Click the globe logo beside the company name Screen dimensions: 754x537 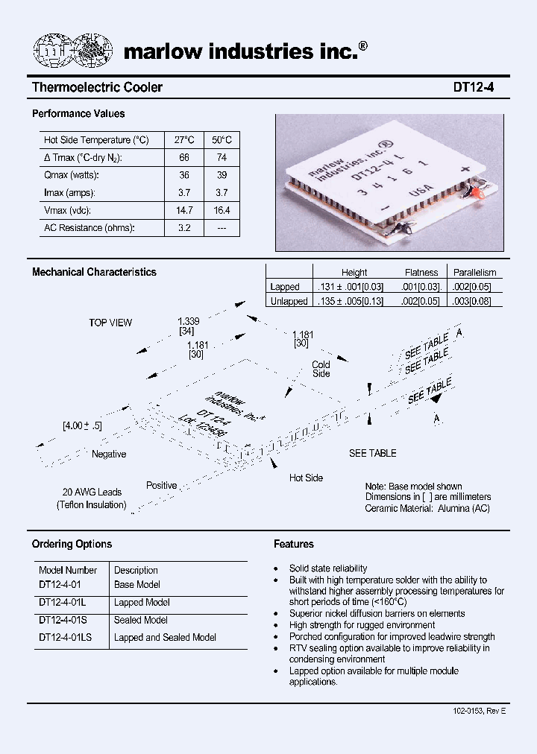(72, 50)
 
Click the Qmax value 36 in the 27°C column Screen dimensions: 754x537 (184, 175)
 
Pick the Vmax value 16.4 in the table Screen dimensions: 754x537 (222, 210)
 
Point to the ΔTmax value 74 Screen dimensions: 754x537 (222, 157)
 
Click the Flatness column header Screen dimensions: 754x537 (421, 273)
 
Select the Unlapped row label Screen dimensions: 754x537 (289, 301)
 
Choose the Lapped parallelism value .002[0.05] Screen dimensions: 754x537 (474, 287)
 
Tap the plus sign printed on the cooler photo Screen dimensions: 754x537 (465, 170)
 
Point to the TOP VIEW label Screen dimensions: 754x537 (110, 323)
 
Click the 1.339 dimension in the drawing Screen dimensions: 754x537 (188, 321)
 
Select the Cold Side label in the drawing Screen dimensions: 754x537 (321, 369)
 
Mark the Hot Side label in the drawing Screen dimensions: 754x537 (306, 478)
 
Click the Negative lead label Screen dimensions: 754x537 (109, 454)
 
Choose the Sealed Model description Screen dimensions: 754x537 (141, 620)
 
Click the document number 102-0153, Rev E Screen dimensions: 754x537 (479, 712)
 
